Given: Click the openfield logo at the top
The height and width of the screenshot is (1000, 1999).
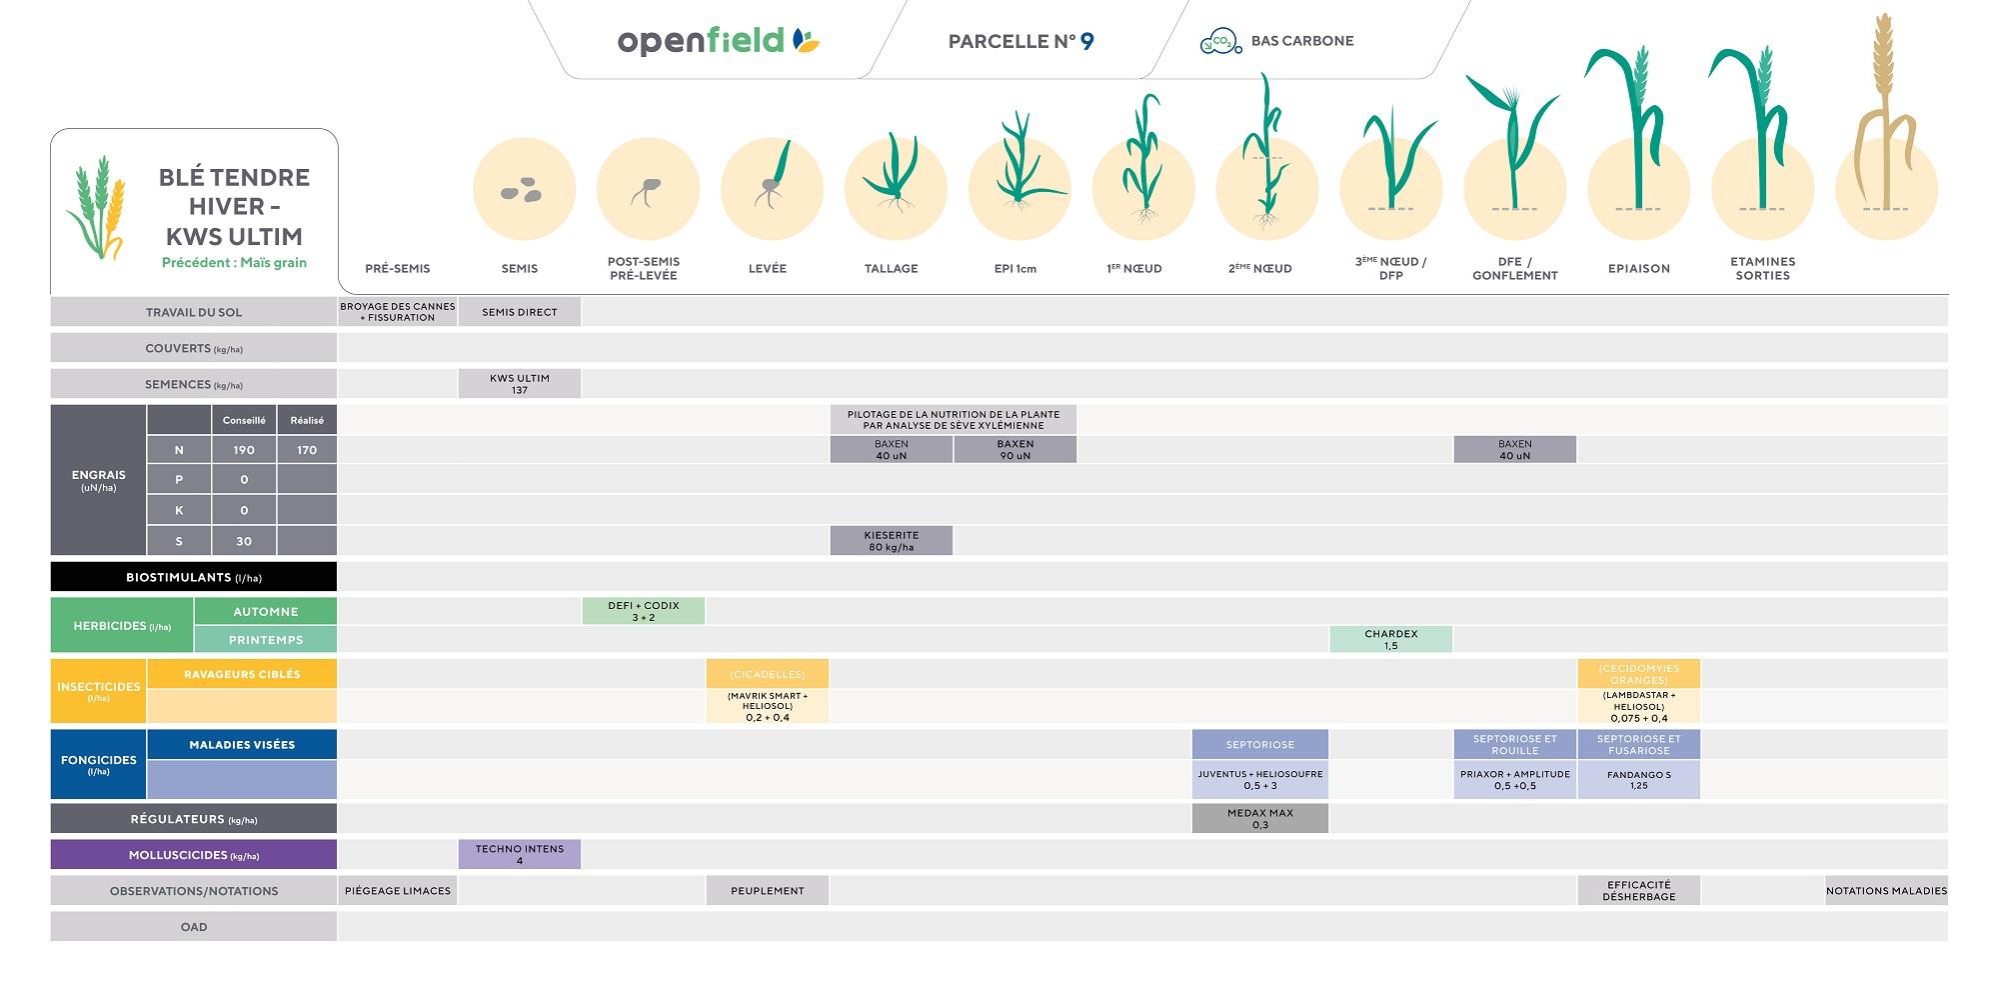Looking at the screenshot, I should point(718,41).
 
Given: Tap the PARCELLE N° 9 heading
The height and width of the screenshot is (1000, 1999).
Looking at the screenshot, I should point(1020,41).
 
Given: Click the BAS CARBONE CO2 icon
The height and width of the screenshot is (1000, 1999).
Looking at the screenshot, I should point(1220,41).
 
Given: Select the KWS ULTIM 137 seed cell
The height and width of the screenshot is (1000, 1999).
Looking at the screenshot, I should point(520,384).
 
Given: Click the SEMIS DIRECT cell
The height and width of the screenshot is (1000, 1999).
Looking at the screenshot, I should point(520,312).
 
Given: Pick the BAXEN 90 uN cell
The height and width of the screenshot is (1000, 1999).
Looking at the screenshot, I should point(1015,450).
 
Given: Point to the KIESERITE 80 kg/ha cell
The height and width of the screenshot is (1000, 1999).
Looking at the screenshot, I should point(892,541).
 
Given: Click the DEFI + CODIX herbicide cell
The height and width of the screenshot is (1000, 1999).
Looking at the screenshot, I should point(644,611).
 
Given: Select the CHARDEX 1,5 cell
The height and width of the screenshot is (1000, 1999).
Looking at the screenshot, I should point(1391,640).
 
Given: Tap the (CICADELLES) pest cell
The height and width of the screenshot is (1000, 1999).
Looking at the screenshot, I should point(768,674).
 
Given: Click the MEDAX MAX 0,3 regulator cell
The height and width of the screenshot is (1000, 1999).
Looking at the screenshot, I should point(1260,819).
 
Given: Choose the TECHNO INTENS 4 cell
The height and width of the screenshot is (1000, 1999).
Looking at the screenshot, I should point(520,855).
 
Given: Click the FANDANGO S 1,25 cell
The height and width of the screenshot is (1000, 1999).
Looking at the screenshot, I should point(1639,780).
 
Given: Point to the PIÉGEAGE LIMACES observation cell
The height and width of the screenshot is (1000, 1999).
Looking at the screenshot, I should point(398,891).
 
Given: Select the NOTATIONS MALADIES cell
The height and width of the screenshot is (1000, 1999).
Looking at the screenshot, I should point(1886,891).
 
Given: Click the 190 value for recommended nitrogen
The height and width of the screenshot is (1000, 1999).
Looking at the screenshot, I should point(244,450).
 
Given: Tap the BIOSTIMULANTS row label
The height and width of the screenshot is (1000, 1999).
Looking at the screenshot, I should point(194,577).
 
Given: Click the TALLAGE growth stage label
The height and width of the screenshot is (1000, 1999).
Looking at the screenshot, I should point(892,268).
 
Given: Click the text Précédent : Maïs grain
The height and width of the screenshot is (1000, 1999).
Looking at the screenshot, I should point(234,262).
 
